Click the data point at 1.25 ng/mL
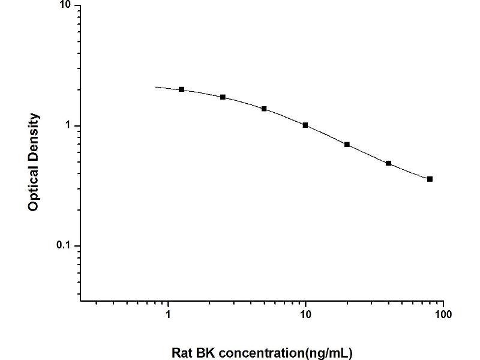coord(182,89)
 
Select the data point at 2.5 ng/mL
coord(223,97)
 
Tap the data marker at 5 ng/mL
coord(264,109)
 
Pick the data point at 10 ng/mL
coord(305,125)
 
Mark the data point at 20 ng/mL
coord(347,145)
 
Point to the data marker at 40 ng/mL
coord(388,163)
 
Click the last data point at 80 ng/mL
coord(430,179)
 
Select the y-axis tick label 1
coord(68,126)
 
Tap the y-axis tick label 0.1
coord(63,246)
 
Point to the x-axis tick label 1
coord(168,314)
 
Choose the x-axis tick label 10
coord(305,314)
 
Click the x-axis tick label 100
coord(443,314)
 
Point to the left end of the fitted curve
coord(156,87)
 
